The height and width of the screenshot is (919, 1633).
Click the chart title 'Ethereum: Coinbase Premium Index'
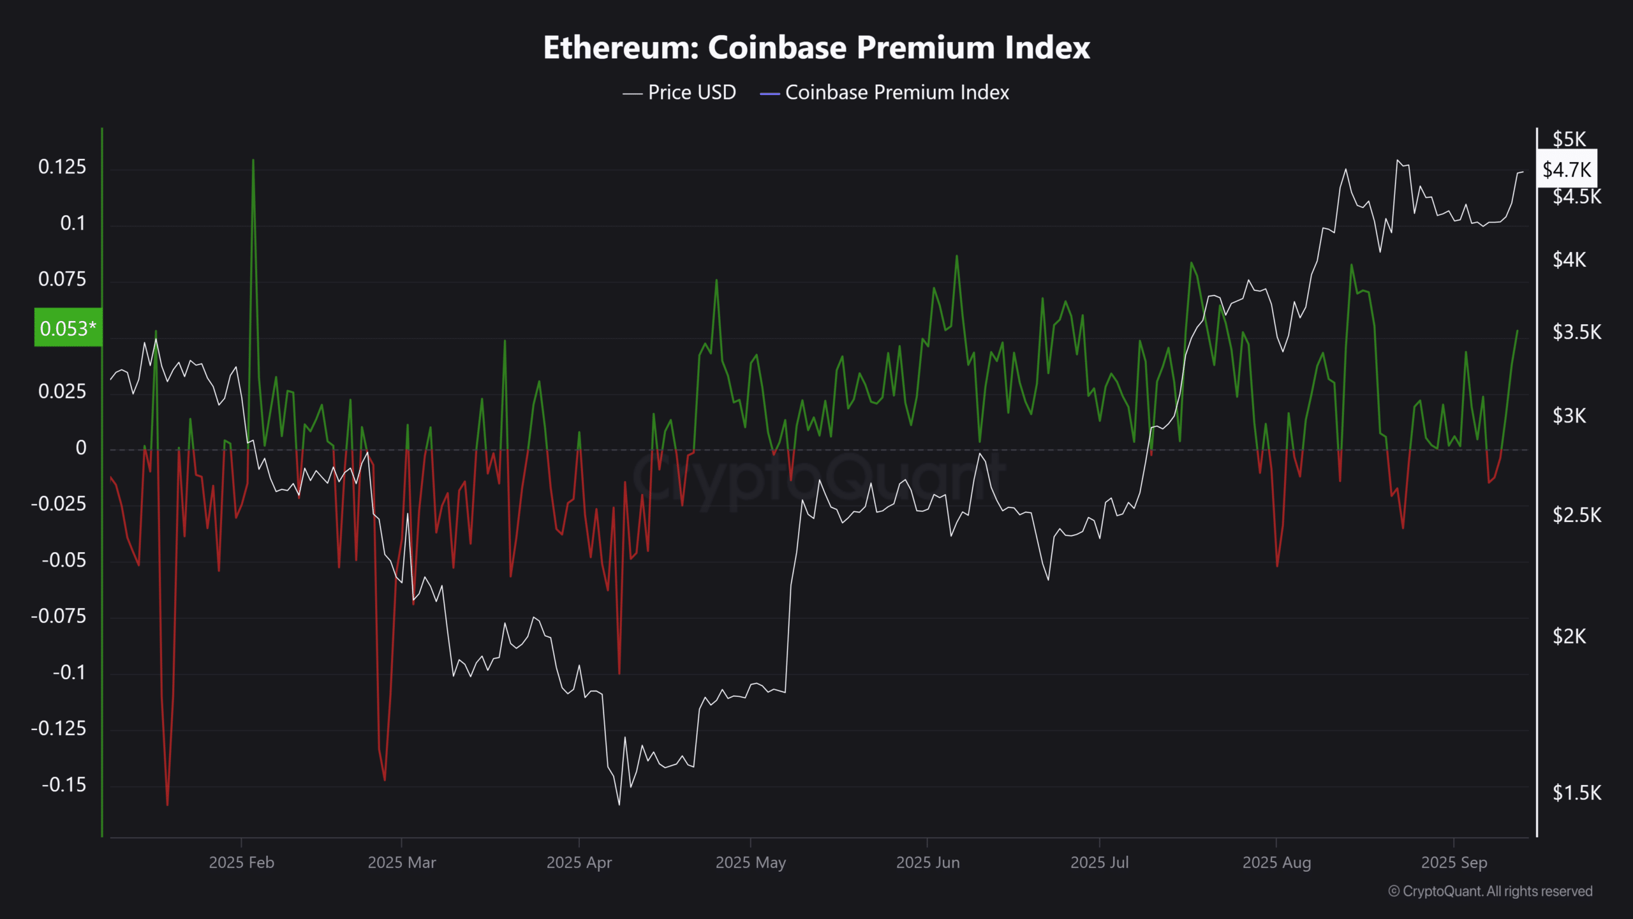coord(816,48)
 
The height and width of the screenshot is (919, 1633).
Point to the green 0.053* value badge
coord(68,328)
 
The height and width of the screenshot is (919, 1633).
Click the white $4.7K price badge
coord(1567,170)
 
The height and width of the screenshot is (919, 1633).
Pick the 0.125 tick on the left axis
coord(62,167)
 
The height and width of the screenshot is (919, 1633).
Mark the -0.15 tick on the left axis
coord(64,785)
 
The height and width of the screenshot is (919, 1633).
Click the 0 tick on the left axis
coord(81,448)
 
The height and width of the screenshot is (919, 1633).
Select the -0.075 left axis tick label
coord(59,616)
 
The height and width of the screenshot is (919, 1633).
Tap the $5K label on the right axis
coord(1569,139)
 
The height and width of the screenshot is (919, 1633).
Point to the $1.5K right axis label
coord(1576,793)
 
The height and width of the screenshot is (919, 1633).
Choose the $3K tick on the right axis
coord(1569,416)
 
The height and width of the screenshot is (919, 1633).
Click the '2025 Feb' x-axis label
coord(241,863)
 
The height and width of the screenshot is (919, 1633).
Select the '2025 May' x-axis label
coord(750,863)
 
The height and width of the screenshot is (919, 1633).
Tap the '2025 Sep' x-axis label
coord(1454,863)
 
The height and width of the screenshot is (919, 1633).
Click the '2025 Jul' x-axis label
coord(1099,863)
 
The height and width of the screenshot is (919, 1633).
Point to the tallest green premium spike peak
coord(253,160)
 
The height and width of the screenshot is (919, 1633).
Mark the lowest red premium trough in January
coord(167,805)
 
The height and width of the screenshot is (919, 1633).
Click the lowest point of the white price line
coord(619,804)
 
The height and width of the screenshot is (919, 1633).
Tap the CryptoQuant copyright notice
coord(1490,892)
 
